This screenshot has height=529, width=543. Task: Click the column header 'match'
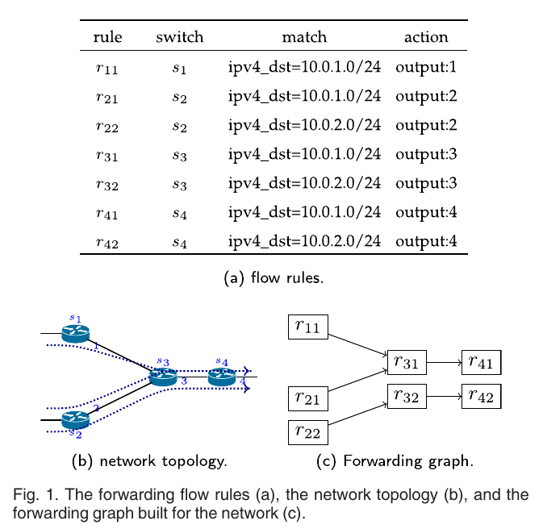pos(304,37)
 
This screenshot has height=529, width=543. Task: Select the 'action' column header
pos(426,37)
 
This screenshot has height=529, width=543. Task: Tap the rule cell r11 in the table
pos(107,69)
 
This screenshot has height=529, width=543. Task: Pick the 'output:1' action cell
pos(426,69)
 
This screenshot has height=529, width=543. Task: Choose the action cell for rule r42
pos(426,240)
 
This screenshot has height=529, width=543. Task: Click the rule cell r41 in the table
pos(107,213)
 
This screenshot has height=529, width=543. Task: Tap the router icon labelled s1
pos(76,333)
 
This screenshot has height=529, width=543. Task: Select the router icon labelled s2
pos(75,419)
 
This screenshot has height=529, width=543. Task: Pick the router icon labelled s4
pos(221,377)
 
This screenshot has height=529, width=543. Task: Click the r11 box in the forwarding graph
pos(307,327)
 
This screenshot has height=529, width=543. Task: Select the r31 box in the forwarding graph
pos(406,363)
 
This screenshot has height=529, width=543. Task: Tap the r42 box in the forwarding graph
pos(481,397)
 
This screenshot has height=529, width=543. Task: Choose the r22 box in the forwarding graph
pos(307,433)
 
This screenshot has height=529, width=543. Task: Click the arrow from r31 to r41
pos(443,363)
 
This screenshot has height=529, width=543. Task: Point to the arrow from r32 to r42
pos(443,397)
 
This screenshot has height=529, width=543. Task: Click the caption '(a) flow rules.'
pos(273,278)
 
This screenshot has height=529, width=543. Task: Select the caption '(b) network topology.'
pos(149,462)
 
